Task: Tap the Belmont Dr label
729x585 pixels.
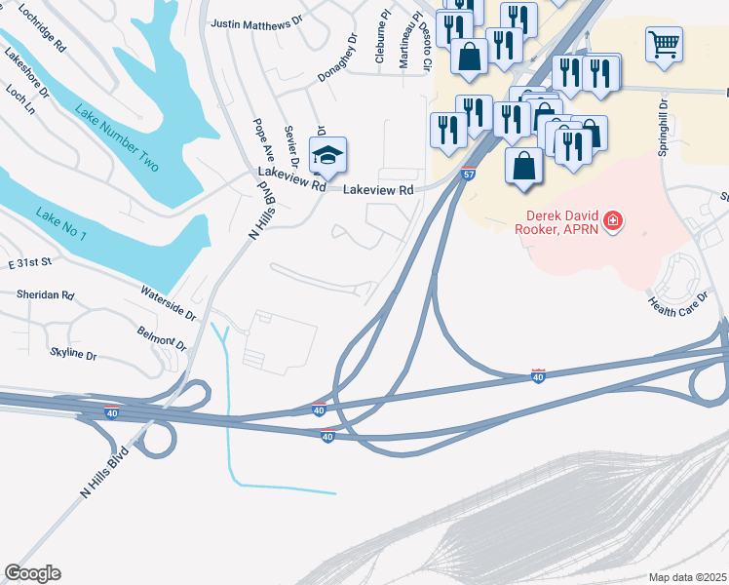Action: (x=161, y=337)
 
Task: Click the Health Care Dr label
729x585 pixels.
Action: (x=677, y=295)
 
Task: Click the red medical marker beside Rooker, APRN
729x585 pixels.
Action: (x=612, y=221)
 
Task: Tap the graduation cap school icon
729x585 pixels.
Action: (x=327, y=155)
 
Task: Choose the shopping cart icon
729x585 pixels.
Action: (x=663, y=43)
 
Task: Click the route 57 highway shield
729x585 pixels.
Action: (x=469, y=175)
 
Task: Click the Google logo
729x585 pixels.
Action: (x=32, y=573)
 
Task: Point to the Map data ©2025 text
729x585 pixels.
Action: (x=686, y=577)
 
